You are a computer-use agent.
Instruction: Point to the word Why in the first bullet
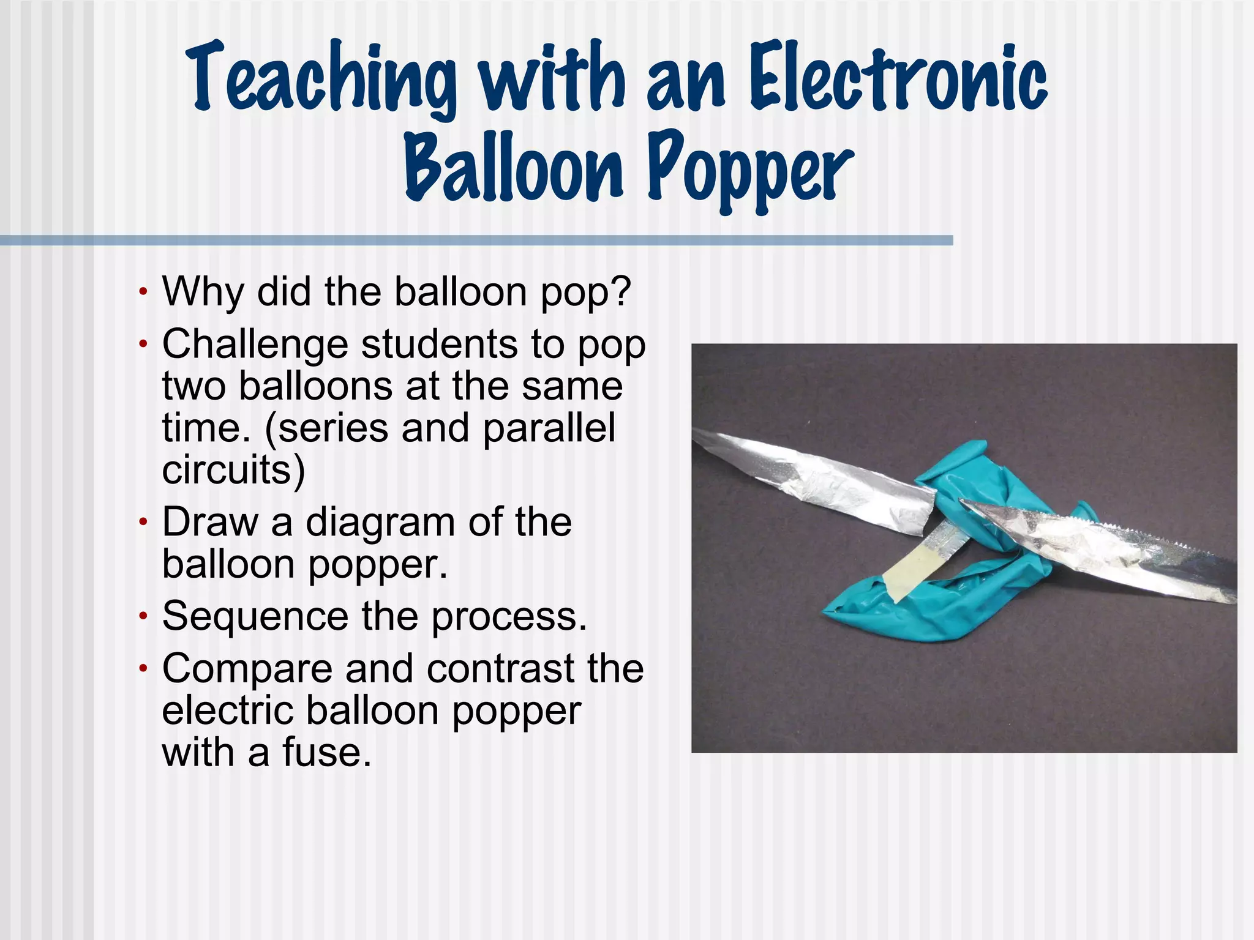coord(203,292)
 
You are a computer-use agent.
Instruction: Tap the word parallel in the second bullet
coord(549,428)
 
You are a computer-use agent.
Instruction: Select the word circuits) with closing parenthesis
coord(233,471)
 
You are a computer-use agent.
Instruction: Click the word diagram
coord(380,523)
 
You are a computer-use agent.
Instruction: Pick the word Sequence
coord(255,616)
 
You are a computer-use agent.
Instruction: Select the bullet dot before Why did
coord(143,292)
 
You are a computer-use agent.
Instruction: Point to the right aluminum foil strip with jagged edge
coord(1102,551)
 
